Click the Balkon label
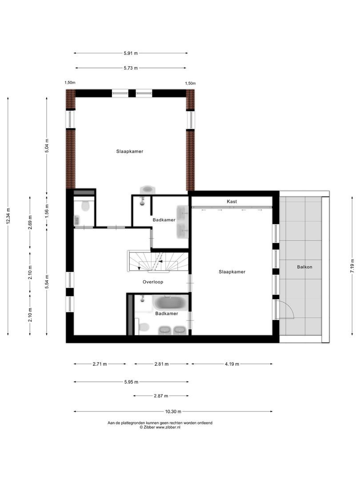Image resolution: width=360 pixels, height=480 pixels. (x=305, y=267)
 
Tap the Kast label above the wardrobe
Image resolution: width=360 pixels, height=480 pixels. (x=232, y=201)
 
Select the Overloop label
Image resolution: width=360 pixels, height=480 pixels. (x=153, y=282)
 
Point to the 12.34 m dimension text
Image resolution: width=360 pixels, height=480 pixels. (x=8, y=216)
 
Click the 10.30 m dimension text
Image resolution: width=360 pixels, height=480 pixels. (x=173, y=412)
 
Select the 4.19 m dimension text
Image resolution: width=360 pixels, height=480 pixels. (x=232, y=364)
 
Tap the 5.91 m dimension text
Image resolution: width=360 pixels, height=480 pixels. (x=131, y=53)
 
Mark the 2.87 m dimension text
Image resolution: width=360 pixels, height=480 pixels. (x=160, y=396)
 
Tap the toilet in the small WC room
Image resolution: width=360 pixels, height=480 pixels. (x=86, y=205)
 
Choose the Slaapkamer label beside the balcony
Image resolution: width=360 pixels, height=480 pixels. (x=232, y=272)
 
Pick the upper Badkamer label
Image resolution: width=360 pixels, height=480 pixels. (x=164, y=220)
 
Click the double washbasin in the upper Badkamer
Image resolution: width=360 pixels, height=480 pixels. (x=182, y=221)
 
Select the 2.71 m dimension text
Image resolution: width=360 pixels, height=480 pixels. (x=100, y=364)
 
